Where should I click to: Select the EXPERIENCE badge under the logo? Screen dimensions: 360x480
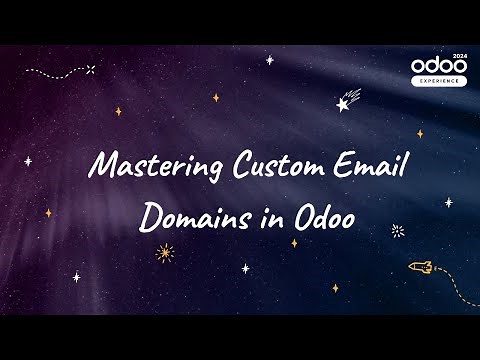tap(437, 81)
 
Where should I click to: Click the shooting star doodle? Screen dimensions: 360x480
tap(349, 100)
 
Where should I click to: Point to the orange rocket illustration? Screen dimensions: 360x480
tap(420, 266)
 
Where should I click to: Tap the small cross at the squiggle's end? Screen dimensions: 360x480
tap(91, 69)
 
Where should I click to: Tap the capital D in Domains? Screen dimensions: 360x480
tap(150, 216)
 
